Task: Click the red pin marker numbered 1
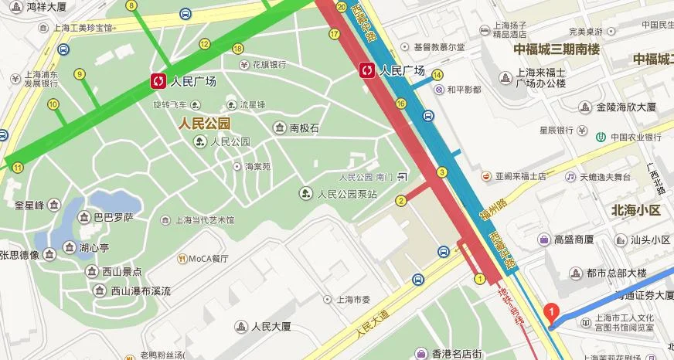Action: coord(550,313)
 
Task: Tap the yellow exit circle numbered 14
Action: coord(437,75)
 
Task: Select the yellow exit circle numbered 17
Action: coord(334,33)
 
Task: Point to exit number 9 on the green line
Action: coord(79,74)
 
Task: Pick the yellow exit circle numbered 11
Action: coord(17,167)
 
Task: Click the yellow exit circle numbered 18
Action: coord(237,49)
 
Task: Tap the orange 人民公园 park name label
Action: coord(204,123)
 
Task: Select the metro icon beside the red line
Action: coord(366,70)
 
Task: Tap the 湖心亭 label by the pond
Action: coord(94,249)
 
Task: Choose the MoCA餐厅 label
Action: coord(209,258)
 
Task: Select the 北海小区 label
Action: coord(635,210)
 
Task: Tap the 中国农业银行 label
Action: coord(635,138)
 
